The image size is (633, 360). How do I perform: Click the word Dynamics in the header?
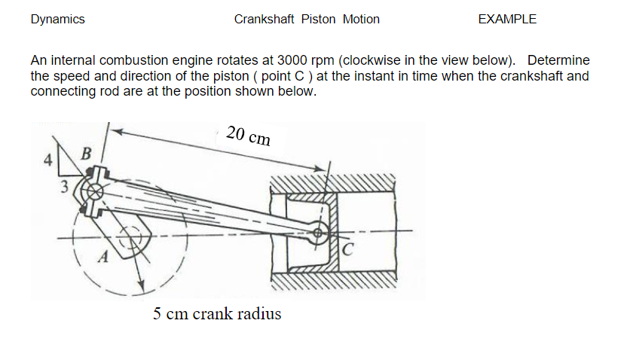[57, 20]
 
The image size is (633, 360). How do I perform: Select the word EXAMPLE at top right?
[507, 20]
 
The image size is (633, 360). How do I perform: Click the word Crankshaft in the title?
[264, 20]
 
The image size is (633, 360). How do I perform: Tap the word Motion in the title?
[361, 20]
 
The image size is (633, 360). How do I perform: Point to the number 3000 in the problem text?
[292, 60]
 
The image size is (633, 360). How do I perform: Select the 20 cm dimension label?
[248, 136]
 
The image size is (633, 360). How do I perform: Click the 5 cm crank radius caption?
[217, 314]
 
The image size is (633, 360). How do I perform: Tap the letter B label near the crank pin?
[86, 154]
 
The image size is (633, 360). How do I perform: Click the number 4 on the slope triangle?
[47, 160]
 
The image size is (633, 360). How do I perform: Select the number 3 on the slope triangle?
[65, 185]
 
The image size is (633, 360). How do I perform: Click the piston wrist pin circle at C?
[320, 233]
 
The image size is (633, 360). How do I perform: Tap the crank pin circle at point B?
[93, 191]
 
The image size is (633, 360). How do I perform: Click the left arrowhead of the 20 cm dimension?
[115, 129]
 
